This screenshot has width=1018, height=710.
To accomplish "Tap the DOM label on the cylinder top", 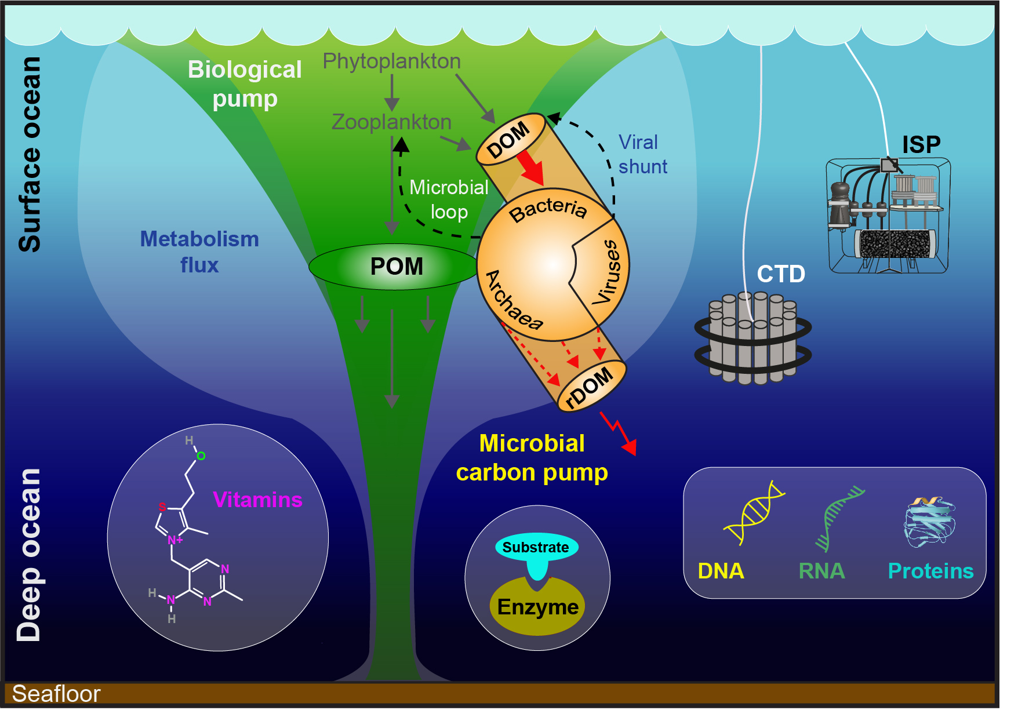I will coord(508,140).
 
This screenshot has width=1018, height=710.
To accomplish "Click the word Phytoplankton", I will coord(392,61).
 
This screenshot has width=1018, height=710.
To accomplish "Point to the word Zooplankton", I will coord(391,122).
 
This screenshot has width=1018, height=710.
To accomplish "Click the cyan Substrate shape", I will coord(536,548).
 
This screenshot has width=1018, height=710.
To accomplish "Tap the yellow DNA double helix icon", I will coord(753,512).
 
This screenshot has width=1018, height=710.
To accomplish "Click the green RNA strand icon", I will coord(838,518).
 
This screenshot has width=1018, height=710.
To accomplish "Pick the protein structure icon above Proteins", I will coord(929,522).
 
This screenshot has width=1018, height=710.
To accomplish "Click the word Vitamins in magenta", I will coord(257,500).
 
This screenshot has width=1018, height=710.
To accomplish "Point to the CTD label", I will coord(781,274).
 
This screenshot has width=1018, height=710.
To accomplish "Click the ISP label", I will coord(921,144).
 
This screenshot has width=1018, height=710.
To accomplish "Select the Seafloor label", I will coord(56,694).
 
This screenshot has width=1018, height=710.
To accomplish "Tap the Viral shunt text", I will coord(642,155).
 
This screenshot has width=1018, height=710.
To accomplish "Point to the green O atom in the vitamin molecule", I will coord(201,456).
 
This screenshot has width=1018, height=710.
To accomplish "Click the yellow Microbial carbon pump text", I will coord(532,458).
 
